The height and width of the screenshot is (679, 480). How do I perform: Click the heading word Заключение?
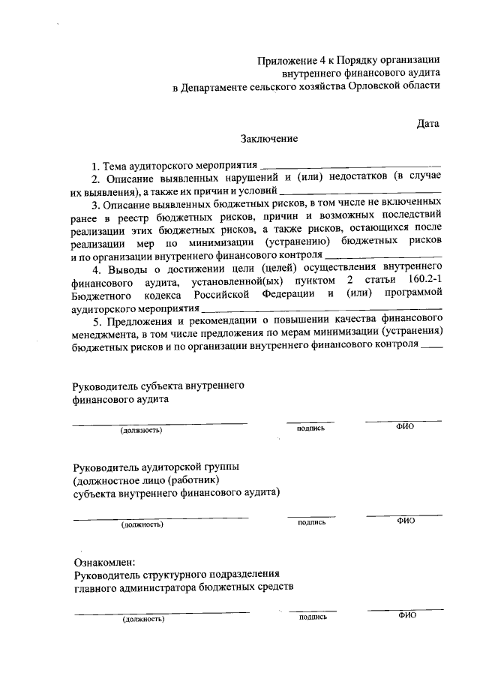[269, 138]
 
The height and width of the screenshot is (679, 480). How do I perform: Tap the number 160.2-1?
[420, 281]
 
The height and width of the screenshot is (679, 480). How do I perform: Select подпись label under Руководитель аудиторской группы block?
[311, 522]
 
